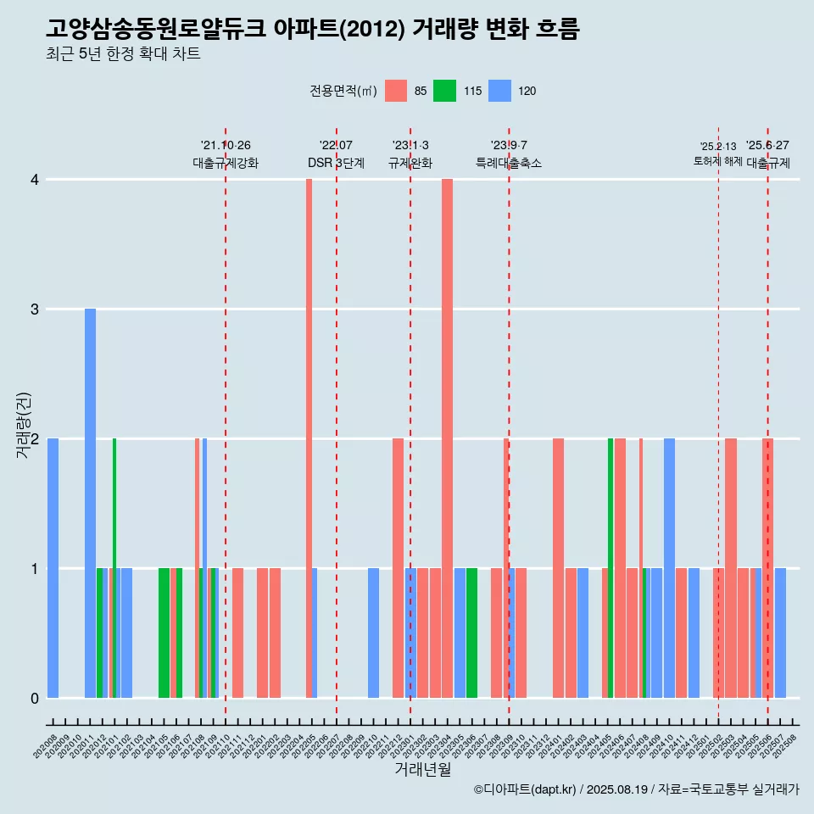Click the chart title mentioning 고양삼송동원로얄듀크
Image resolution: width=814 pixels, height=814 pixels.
pos(313,30)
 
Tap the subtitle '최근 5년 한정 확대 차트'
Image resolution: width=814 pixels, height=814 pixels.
pos(124,55)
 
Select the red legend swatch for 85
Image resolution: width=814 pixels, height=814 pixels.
pos(396,91)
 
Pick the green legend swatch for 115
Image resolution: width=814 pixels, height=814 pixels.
pos(444,91)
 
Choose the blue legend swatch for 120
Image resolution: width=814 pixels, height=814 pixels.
pos(500,91)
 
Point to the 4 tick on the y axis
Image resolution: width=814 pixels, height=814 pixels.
pos(35,180)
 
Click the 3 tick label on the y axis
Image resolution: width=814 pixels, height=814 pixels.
pos(35,309)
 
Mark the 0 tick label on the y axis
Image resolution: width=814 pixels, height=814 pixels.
pos(35,699)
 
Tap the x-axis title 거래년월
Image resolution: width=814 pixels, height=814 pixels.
pos(422,769)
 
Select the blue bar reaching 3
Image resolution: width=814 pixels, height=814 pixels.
pos(90,503)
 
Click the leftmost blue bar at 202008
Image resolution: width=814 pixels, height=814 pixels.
pos(53,568)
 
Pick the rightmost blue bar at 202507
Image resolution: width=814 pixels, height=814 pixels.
pos(780,633)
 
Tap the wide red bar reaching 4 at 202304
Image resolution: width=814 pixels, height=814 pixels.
pos(447,438)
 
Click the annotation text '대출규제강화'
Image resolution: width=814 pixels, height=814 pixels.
pos(226,163)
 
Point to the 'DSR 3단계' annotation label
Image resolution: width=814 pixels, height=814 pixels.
pos(336,163)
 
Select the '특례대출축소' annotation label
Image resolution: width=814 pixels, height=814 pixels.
pos(509,163)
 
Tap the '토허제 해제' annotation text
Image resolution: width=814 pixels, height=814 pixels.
pos(718,161)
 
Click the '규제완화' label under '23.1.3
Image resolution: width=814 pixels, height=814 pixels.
pos(410,163)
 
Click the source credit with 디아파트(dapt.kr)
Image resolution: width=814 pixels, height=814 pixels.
pos(636,789)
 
